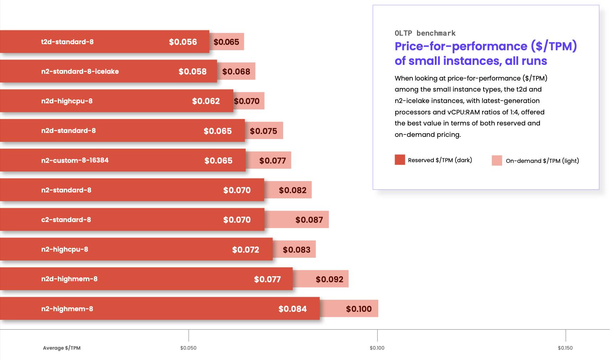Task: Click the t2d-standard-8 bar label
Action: (x=67, y=42)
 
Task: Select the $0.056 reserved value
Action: (x=183, y=42)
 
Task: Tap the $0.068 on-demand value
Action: (x=236, y=72)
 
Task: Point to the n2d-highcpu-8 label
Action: (x=67, y=101)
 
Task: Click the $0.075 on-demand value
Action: (x=263, y=131)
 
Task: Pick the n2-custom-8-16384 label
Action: (x=75, y=160)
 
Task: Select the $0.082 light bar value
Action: (x=292, y=190)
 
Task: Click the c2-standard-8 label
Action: (x=66, y=220)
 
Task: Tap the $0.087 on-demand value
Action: (x=309, y=220)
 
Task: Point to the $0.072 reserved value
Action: (x=245, y=250)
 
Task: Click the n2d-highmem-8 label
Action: (x=69, y=279)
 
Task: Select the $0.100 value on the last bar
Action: (x=359, y=309)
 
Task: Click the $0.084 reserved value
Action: (x=292, y=309)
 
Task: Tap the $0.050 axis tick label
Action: (x=188, y=348)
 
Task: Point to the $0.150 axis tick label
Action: (x=565, y=348)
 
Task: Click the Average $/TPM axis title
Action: (x=62, y=348)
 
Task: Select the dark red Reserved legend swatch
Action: (x=400, y=160)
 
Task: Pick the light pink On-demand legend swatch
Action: (x=497, y=160)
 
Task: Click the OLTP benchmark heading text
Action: (x=425, y=33)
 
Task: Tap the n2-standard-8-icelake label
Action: (x=80, y=71)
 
